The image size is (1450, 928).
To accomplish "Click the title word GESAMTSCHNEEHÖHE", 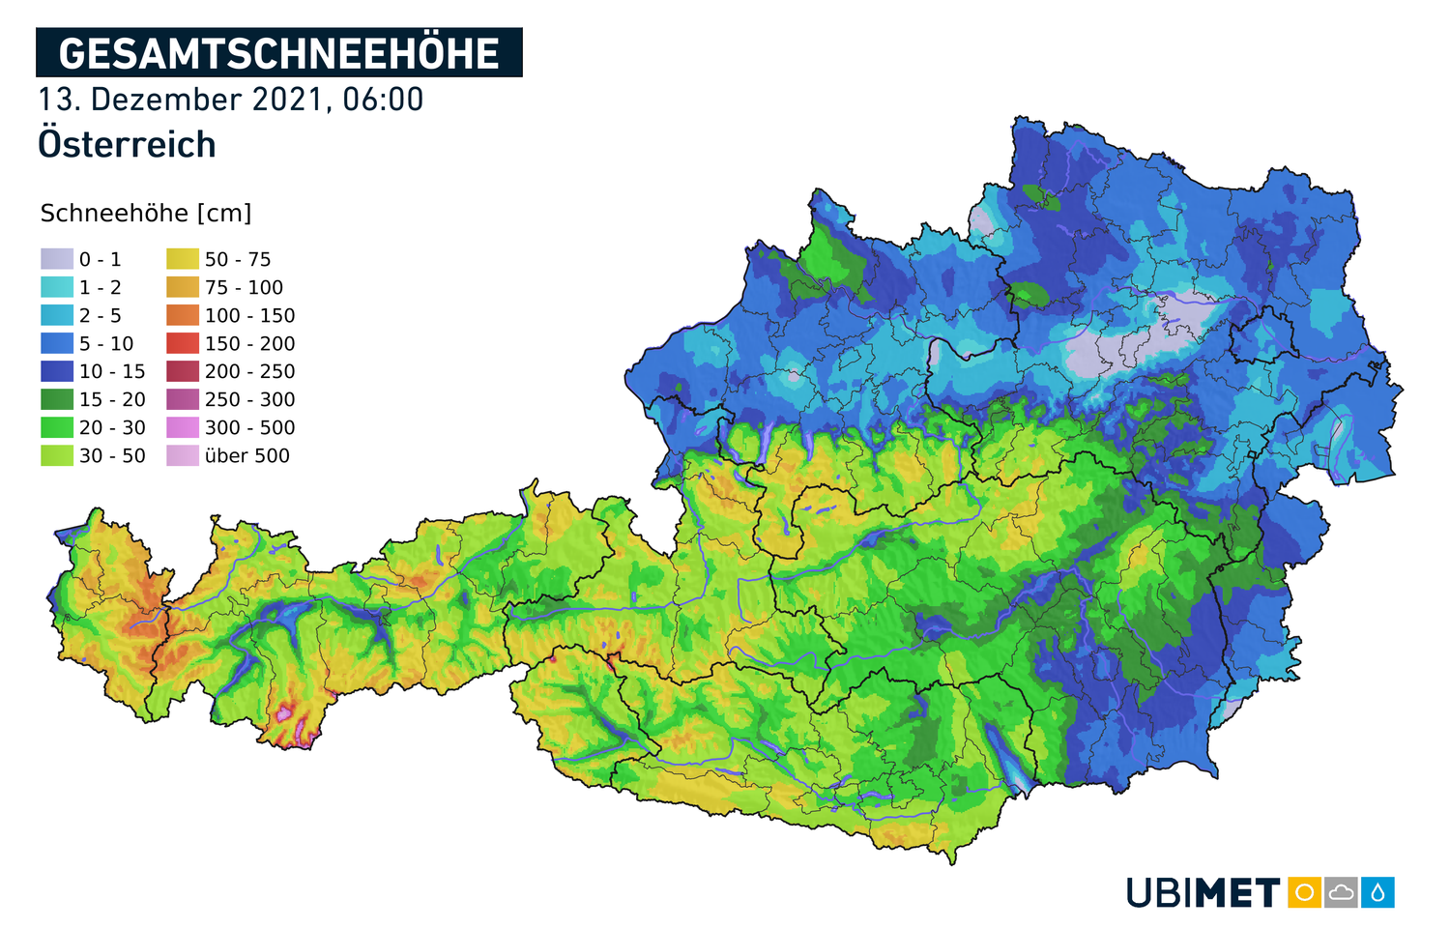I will click(x=278, y=53).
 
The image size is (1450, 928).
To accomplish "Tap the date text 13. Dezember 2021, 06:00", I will click(x=230, y=100).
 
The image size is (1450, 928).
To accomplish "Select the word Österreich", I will click(x=127, y=145).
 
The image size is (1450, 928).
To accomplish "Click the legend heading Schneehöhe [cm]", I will click(x=146, y=214).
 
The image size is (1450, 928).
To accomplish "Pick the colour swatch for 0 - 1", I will click(x=57, y=259).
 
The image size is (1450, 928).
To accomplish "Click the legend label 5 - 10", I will click(x=106, y=343).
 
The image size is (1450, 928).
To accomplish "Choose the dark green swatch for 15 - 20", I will click(x=57, y=399).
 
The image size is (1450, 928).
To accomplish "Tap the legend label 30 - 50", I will click(x=112, y=455).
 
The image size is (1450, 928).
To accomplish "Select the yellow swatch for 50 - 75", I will click(x=183, y=259).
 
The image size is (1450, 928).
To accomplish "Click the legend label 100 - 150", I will click(x=249, y=315).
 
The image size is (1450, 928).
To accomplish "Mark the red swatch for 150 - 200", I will click(x=183, y=343).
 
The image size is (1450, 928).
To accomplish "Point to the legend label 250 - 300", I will click(x=249, y=399).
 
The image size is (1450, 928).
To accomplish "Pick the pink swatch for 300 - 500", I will click(x=183, y=427).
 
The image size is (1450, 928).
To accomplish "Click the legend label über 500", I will click(x=246, y=455).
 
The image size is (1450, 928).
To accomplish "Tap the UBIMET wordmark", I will click(x=1203, y=892).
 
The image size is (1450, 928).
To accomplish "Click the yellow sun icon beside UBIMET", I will click(x=1304, y=892).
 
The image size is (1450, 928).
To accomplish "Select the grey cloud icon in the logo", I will click(x=1341, y=892).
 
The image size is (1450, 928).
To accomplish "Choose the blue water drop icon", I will click(x=1377, y=892).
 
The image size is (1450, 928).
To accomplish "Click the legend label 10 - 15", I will click(x=112, y=371).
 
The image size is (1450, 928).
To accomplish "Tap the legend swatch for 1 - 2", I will click(x=57, y=287).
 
